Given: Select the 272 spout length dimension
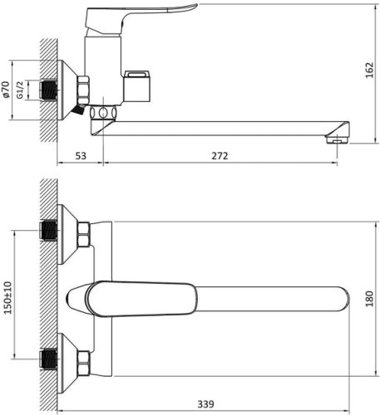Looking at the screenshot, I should pos(220,156).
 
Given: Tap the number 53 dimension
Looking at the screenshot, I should pos(81,156).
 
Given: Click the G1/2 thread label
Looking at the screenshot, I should pos(30,90).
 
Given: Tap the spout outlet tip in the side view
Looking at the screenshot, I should pos(338,141).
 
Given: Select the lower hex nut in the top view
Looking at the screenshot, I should pos(84,359).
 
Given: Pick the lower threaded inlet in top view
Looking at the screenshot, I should pos(48,359).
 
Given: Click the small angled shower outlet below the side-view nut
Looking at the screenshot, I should pos(79,109).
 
